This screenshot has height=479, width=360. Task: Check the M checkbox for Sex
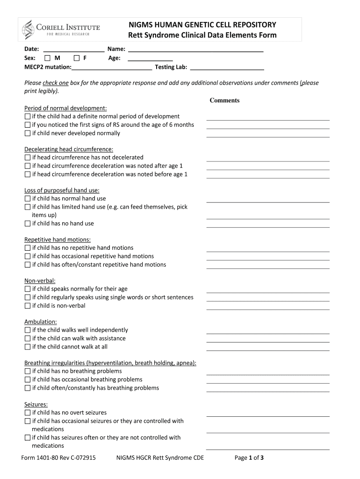(x=47, y=58)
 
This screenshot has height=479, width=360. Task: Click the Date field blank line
(x=73, y=49)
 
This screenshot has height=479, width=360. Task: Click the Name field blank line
(x=195, y=49)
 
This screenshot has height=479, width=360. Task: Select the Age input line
(x=150, y=58)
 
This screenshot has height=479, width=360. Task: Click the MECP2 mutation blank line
(x=112, y=67)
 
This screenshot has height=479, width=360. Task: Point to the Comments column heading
(x=224, y=101)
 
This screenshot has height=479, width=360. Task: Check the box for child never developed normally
(x=27, y=133)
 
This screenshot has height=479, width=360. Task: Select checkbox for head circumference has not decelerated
(x=27, y=158)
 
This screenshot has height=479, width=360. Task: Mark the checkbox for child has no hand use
(x=27, y=224)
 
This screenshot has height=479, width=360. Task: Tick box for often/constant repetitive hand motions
(x=27, y=265)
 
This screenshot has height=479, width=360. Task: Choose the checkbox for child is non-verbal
(x=27, y=306)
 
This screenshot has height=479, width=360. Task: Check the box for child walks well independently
(x=27, y=330)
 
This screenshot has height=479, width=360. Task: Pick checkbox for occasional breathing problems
(x=27, y=380)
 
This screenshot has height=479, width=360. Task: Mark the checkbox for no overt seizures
(x=27, y=413)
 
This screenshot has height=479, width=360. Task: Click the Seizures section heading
(x=36, y=404)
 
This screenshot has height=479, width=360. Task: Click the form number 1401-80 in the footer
(x=58, y=458)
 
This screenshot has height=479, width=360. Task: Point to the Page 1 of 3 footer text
(x=249, y=458)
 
